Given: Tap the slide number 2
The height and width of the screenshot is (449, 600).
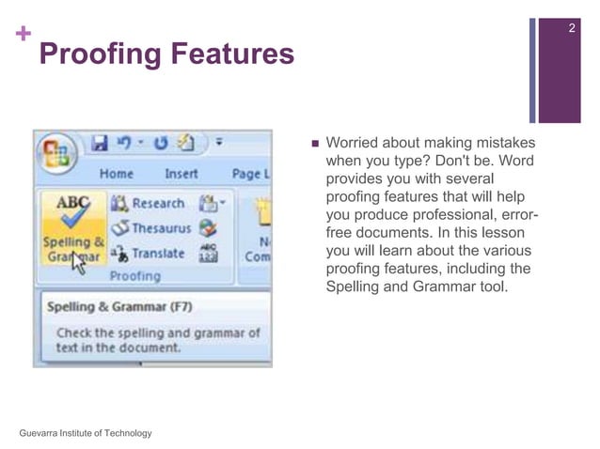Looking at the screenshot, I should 572,31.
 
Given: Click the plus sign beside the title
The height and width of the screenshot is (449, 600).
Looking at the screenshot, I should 22,35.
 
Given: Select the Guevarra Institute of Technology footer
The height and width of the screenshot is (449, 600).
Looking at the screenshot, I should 85,432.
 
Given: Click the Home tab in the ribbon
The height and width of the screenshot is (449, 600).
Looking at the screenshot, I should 116,174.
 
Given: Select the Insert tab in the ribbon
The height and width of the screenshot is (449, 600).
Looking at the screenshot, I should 181,174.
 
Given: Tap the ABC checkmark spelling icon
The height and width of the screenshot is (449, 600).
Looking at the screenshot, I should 73,211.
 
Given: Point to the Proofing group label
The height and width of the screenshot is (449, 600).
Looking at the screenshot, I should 135,276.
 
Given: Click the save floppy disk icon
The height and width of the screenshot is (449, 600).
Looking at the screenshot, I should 100,144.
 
